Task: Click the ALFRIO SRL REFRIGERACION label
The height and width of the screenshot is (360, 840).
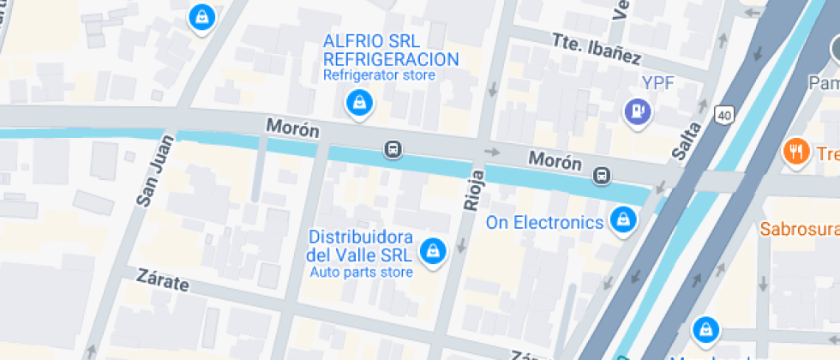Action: click(390, 51)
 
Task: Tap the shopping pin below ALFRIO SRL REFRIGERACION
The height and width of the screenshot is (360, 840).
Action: click(357, 104)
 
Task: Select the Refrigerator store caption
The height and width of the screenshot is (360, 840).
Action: click(379, 75)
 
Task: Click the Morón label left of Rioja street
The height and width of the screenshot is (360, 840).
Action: click(292, 129)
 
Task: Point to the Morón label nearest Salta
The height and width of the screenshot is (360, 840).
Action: click(555, 160)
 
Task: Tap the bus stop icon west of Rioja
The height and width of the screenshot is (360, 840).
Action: click(393, 150)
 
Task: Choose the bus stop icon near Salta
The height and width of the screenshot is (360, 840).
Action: click(603, 176)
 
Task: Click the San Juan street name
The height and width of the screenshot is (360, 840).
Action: click(149, 175)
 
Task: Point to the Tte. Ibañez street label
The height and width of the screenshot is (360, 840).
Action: click(597, 48)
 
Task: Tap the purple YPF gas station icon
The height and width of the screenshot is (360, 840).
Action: click(637, 110)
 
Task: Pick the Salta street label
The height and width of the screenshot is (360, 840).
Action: click(687, 141)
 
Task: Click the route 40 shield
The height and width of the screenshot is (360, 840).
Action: click(725, 114)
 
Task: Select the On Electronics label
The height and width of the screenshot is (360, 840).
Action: click(545, 223)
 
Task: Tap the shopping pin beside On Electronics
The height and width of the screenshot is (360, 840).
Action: click(621, 222)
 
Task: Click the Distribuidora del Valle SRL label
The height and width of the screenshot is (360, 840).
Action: click(361, 245)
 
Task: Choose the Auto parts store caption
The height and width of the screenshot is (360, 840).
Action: click(361, 273)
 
